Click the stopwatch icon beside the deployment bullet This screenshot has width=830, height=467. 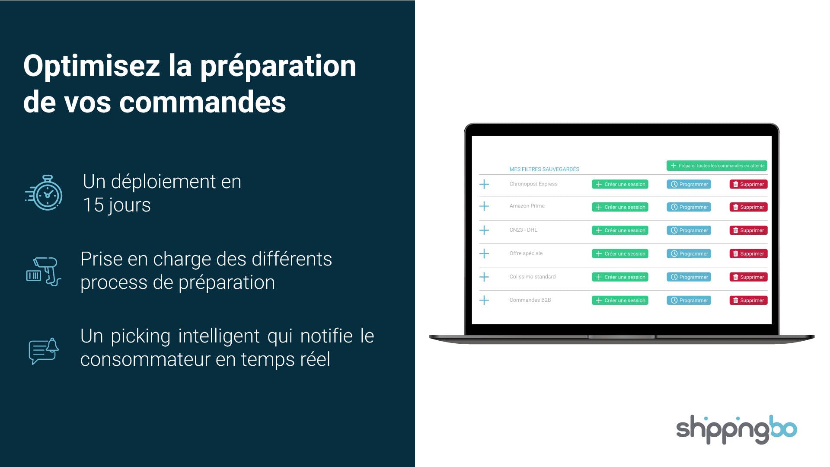44,193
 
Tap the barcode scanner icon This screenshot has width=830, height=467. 44,272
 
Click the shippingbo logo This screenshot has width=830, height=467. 736,429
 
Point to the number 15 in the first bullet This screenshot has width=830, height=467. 93,205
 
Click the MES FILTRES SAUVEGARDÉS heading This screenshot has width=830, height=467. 544,169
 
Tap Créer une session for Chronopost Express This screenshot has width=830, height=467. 620,184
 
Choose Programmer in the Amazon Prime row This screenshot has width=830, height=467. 689,207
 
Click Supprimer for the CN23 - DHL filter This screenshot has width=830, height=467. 748,230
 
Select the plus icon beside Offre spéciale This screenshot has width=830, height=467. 484,253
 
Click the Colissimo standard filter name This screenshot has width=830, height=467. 533,277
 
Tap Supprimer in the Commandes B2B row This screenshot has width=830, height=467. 748,300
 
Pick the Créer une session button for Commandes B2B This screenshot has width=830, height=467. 620,300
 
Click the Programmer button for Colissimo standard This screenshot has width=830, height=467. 689,277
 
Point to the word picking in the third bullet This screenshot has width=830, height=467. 140,337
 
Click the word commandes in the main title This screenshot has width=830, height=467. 202,102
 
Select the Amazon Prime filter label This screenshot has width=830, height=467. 527,206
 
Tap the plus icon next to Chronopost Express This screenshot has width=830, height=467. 484,184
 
